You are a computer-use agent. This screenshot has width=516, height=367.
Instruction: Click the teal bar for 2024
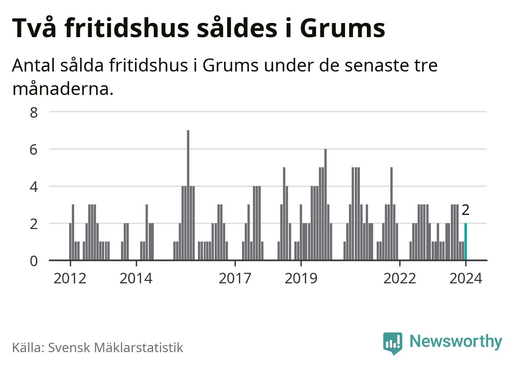click(x=466, y=242)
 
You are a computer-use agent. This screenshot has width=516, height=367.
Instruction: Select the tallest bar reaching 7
click(x=188, y=195)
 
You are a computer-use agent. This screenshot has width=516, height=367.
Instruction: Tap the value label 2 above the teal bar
click(x=465, y=210)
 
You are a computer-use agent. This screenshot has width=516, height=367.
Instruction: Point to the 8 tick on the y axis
click(x=34, y=113)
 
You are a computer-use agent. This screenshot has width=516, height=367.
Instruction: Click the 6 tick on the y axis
click(x=34, y=150)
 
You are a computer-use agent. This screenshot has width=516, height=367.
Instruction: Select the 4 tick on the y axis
click(x=34, y=187)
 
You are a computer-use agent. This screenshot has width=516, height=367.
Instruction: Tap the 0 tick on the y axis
click(x=34, y=261)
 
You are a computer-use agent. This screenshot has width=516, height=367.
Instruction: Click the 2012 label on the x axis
click(x=70, y=279)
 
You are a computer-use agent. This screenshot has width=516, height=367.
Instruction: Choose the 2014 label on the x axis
click(x=136, y=279)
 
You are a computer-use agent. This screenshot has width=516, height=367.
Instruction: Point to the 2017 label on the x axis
click(x=235, y=279)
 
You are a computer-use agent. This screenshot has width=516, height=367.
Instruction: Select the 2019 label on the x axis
click(x=301, y=279)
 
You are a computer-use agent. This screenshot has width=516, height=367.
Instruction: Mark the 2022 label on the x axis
click(x=400, y=279)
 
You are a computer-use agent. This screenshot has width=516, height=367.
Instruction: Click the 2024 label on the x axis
click(x=466, y=279)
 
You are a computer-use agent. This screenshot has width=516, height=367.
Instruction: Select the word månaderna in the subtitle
click(x=63, y=90)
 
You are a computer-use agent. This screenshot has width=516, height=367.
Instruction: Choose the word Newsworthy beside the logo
click(x=456, y=341)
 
